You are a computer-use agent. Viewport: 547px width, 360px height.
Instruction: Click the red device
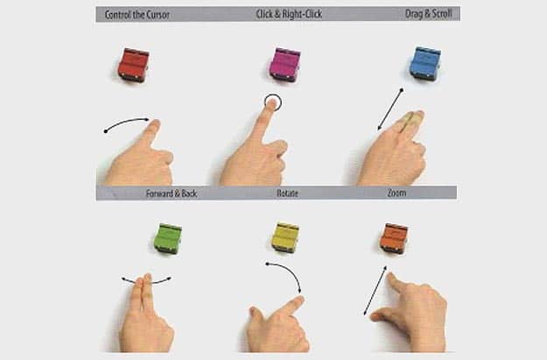click(134, 65)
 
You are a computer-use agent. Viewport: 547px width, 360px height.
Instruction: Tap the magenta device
click(285, 65)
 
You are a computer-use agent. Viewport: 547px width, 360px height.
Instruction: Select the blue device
click(425, 64)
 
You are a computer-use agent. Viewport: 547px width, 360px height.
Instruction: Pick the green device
click(168, 239)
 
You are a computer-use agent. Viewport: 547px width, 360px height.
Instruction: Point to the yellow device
click(285, 237)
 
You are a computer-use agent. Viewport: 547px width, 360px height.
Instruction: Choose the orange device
click(394, 239)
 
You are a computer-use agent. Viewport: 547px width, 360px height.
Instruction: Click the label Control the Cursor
click(137, 15)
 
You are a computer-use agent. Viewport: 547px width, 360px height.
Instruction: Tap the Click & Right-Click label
click(289, 14)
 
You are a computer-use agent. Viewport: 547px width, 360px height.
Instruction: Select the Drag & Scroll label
click(428, 14)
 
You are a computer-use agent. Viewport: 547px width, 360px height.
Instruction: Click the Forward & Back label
click(172, 194)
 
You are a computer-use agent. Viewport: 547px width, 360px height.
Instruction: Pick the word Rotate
click(287, 193)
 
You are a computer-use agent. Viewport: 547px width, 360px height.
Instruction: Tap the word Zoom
click(396, 193)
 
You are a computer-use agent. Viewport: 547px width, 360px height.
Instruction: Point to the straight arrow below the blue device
click(390, 109)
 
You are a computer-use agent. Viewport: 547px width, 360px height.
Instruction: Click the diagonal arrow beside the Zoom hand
click(375, 290)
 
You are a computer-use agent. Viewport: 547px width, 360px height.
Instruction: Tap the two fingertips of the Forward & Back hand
click(144, 279)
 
